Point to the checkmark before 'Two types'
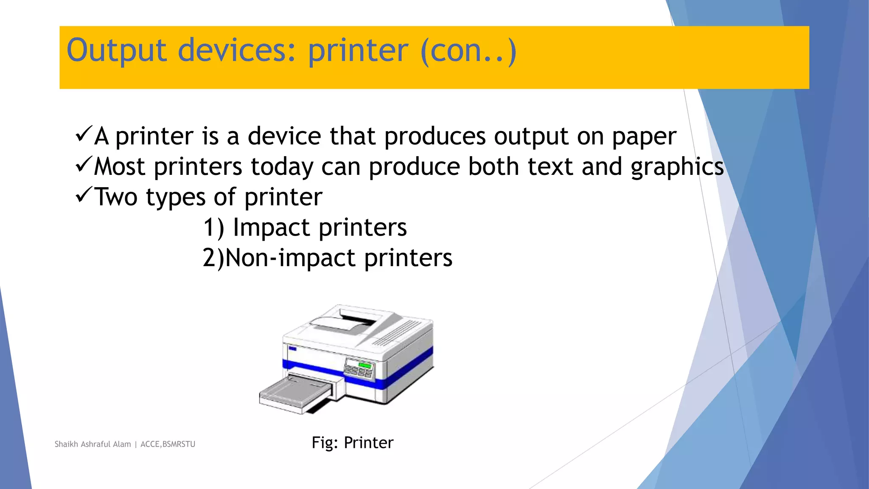point(84,195)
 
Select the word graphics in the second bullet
point(677,167)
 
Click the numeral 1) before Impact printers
point(213,228)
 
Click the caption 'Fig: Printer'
point(352,443)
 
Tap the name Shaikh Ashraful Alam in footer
point(93,444)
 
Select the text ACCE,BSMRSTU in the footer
point(168,444)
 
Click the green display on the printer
point(364,365)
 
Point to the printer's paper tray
point(295,394)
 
